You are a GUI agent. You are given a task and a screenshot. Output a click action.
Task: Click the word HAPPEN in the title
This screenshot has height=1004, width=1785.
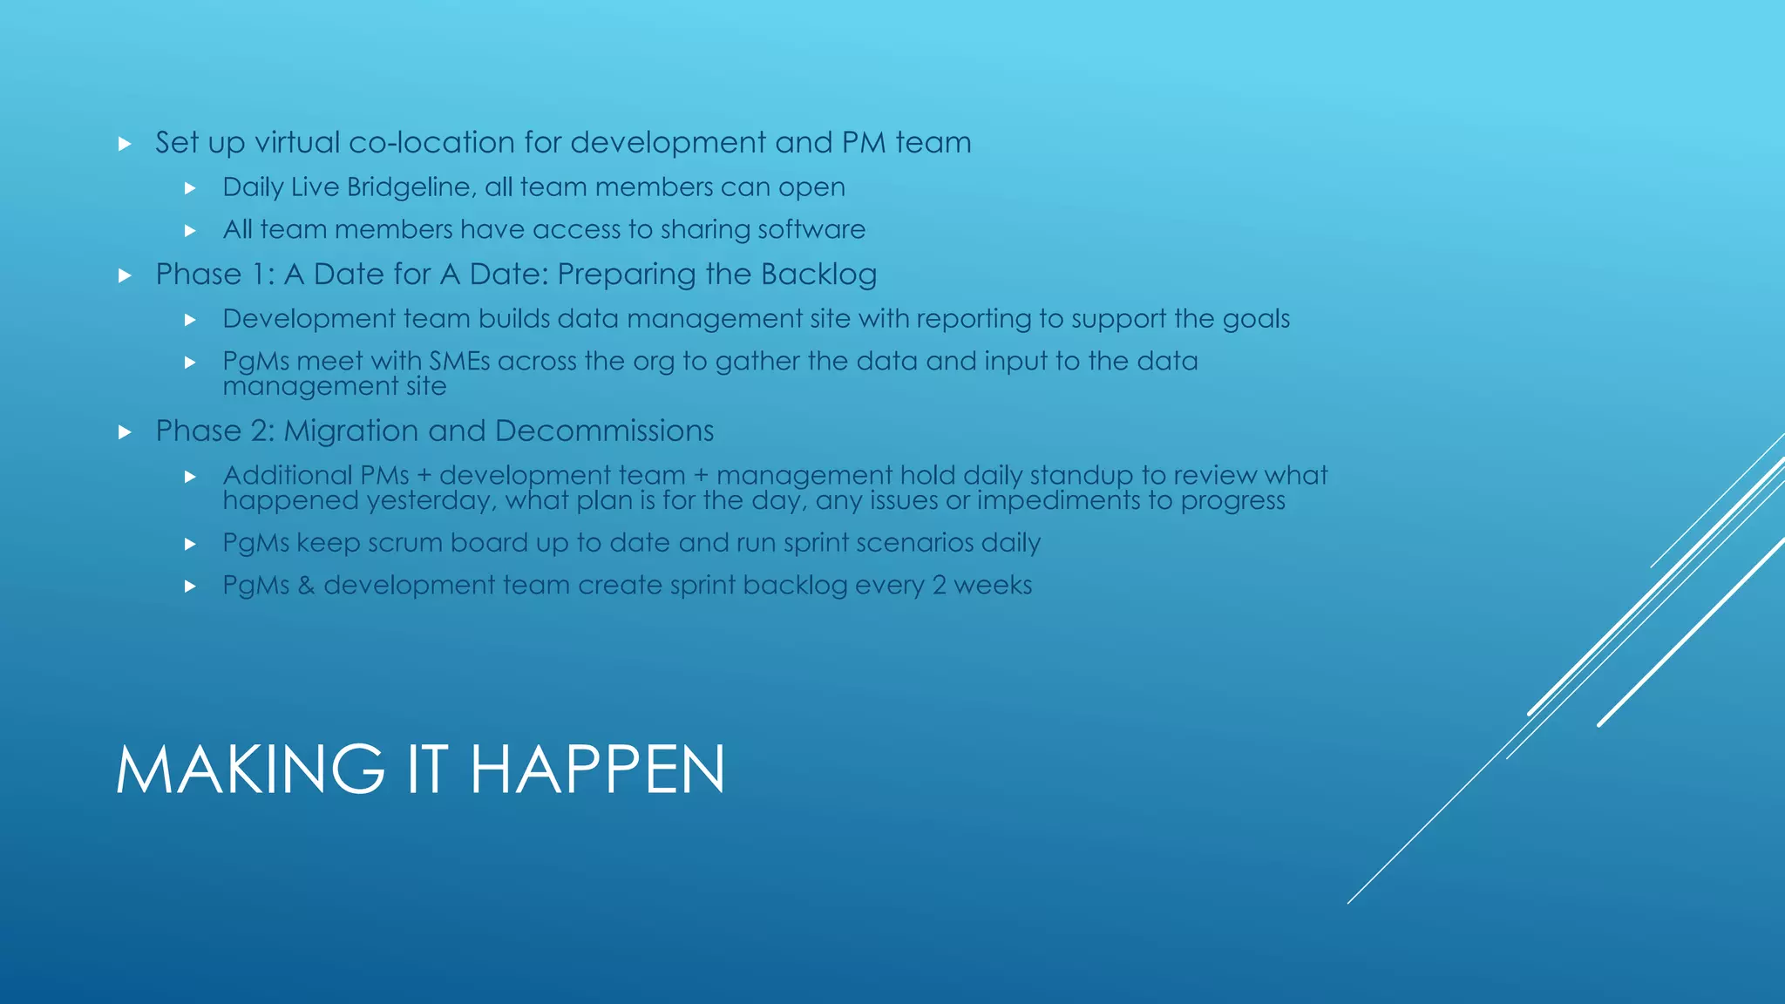(597, 770)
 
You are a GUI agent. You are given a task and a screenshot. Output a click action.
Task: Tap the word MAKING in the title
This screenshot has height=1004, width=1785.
(250, 770)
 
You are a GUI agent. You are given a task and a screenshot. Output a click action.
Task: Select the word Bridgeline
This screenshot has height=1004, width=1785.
(411, 187)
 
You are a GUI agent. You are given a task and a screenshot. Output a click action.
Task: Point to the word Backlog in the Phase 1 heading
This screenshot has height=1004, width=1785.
(818, 275)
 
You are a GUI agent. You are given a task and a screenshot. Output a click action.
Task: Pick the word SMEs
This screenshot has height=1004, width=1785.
(459, 362)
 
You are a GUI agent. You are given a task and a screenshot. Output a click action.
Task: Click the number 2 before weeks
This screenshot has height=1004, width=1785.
(939, 586)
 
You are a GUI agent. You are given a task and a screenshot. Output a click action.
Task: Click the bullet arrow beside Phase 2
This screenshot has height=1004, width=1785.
(125, 432)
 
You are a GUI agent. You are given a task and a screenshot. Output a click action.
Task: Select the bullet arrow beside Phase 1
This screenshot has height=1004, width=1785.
(125, 276)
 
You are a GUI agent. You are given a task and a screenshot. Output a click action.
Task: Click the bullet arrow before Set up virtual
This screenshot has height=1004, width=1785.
(125, 144)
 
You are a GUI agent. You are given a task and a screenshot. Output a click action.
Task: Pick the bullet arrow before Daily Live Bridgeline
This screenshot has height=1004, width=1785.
(190, 188)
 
